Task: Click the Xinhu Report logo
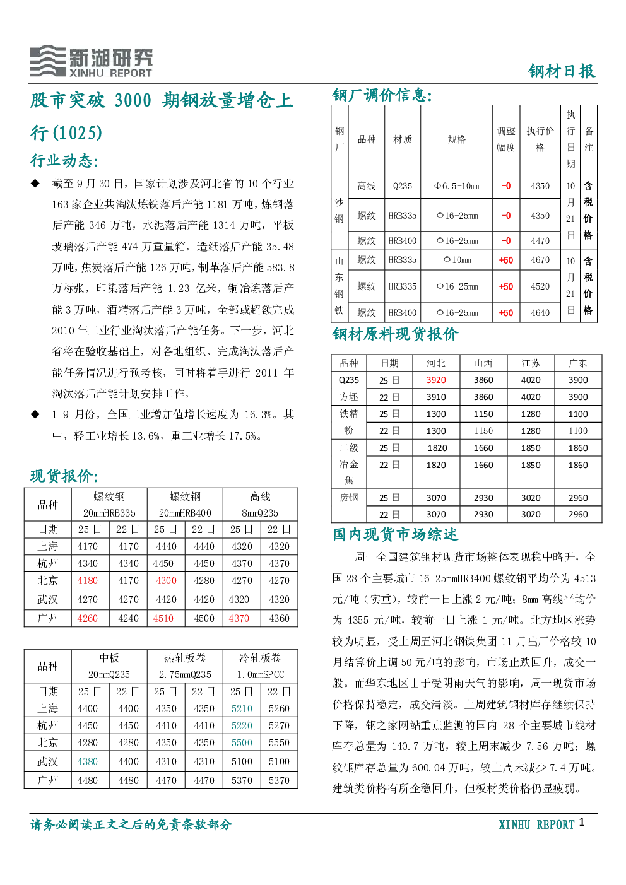(x=91, y=61)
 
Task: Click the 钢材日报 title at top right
(x=562, y=71)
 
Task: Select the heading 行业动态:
(x=64, y=161)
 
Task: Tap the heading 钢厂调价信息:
(x=382, y=95)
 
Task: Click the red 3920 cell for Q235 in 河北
(x=436, y=380)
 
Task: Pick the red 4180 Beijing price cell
(x=87, y=581)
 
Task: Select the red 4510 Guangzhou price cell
(x=163, y=618)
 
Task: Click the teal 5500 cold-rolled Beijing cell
(x=242, y=743)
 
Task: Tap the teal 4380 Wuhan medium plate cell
(x=87, y=762)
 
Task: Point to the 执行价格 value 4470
(x=540, y=240)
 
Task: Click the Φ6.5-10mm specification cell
(x=458, y=185)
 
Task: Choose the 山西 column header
(x=483, y=363)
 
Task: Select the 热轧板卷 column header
(x=185, y=666)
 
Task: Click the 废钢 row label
(x=348, y=498)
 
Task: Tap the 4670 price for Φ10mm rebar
(x=540, y=260)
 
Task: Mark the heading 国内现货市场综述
(x=395, y=534)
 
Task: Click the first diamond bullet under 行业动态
(x=35, y=184)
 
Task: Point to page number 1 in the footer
(x=582, y=822)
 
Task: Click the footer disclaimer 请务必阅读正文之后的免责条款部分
(x=131, y=825)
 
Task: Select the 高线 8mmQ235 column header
(x=260, y=505)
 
